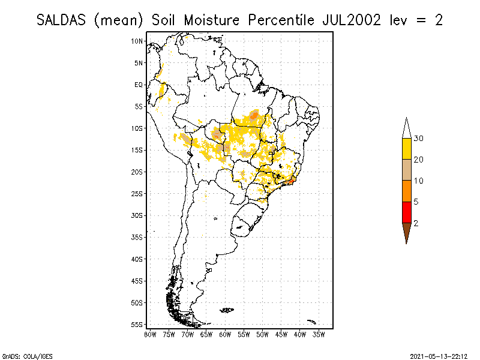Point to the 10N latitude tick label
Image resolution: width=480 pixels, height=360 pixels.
[x=137, y=41]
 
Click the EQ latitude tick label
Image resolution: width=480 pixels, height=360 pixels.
[x=139, y=85]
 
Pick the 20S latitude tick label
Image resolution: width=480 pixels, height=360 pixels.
[x=137, y=172]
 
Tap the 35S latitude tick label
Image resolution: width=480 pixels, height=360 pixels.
[x=137, y=237]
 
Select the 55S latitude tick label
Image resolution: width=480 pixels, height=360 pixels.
[x=137, y=325]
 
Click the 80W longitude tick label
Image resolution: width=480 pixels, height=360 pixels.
[x=150, y=334]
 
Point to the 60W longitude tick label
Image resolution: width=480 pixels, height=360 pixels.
[x=225, y=334]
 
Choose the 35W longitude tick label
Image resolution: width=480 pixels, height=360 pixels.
[x=319, y=334]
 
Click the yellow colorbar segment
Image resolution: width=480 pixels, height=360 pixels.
[x=406, y=149]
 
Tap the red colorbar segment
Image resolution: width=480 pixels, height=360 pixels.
[x=406, y=212]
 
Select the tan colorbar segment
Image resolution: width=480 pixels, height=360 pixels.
[x=406, y=170]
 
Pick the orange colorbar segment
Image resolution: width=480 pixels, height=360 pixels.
[x=406, y=191]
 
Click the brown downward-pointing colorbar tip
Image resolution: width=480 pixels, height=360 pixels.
[x=406, y=232]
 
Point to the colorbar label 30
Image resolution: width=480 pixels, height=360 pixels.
[x=419, y=139]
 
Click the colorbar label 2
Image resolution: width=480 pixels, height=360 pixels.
[x=416, y=223]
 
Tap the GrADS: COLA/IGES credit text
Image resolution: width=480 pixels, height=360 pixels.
[x=20, y=355]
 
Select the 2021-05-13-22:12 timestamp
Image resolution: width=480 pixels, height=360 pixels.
[x=439, y=355]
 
